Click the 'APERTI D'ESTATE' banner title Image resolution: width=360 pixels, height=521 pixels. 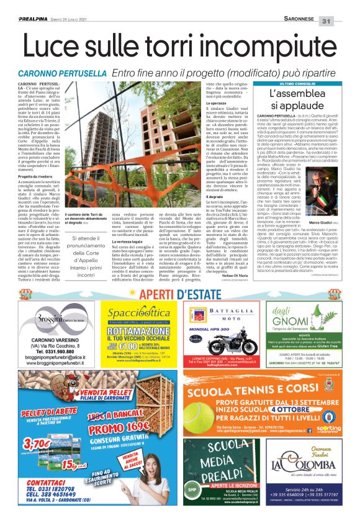[180, 294]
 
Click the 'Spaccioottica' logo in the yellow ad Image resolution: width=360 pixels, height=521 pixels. [137, 316]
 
